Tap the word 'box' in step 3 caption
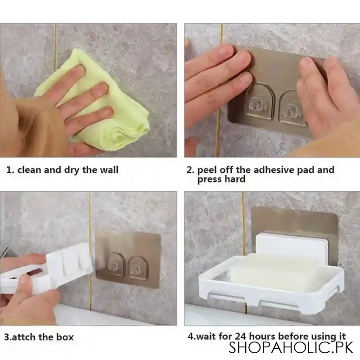pos(65,337)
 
